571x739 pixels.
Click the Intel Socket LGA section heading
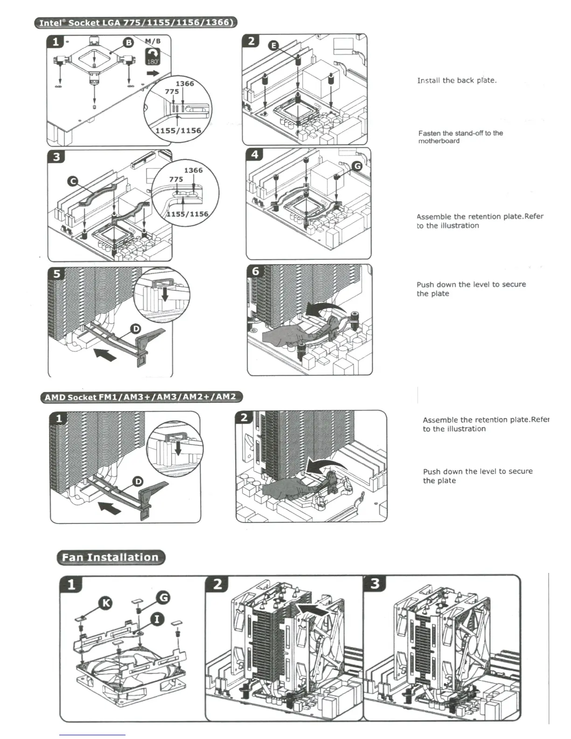pos(135,22)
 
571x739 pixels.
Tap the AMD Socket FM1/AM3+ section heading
pos(141,397)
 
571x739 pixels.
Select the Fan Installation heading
pos(111,557)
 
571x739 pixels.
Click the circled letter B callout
pos(128,43)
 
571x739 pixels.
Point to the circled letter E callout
pos(274,45)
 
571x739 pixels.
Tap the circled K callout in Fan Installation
pos(106,603)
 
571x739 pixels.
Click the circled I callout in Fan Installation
pos(157,619)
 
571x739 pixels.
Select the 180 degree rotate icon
pos(153,57)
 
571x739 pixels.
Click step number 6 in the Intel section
pos(255,271)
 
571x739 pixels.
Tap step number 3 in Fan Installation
pos(375,584)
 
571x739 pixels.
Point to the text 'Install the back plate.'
pos(457,80)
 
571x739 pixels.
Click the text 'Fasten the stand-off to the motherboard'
pos(460,137)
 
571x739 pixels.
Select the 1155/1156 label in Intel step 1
pos(178,131)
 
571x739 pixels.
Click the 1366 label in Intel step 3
pos(193,170)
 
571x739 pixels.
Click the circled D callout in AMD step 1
pos(138,481)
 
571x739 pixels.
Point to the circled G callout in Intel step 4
pos(357,166)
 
